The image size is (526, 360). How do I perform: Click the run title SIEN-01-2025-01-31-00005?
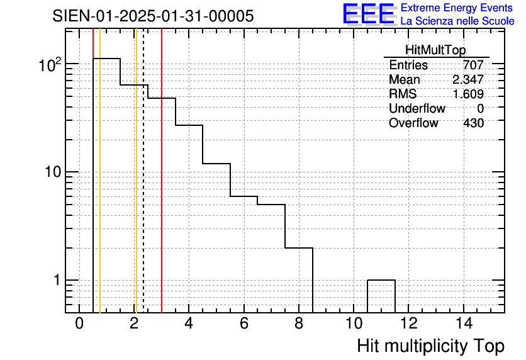pos(153,16)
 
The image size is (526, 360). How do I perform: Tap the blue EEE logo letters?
pos(369,14)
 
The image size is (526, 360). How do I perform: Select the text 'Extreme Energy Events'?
pos(457,8)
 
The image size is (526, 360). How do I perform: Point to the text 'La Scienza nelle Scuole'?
pos(457,21)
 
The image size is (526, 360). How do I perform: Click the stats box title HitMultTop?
pos(435,50)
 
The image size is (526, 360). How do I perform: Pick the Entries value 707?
pos(473,65)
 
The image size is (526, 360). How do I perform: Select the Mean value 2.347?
pos(468,79)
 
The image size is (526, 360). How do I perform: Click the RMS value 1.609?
pos(468,94)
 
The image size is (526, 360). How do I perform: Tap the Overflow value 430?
pos(473,123)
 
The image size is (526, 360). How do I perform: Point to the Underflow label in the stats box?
pos(417,108)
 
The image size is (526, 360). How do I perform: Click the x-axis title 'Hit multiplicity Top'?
pos(431,346)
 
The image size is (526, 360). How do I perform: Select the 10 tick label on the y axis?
pos(53,172)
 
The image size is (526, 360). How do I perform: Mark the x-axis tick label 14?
pos(464,323)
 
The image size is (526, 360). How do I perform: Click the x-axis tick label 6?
pos(244,323)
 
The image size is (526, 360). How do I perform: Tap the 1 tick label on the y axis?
pos(57,280)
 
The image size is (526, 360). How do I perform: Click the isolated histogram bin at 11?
pos(381,280)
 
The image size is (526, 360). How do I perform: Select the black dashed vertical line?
pos(143,171)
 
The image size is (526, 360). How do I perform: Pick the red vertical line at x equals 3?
pos(162,171)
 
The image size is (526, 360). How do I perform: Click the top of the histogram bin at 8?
pos(299,248)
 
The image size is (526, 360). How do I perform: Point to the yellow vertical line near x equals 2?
pos(136,171)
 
